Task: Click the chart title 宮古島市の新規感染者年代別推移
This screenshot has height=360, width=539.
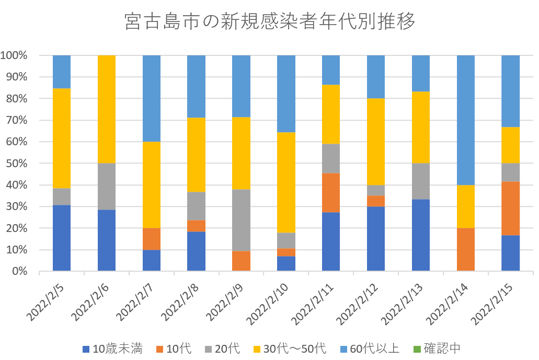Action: coord(269,22)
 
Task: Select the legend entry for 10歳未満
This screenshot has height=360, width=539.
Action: coord(112,349)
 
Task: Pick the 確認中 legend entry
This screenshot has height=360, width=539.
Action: coord(437,349)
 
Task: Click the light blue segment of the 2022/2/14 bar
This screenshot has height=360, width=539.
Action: coord(466,120)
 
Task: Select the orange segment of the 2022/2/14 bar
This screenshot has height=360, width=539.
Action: coord(466,250)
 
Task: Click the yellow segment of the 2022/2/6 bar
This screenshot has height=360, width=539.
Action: coord(107,109)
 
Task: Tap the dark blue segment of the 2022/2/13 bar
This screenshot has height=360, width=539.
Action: coord(421,235)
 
